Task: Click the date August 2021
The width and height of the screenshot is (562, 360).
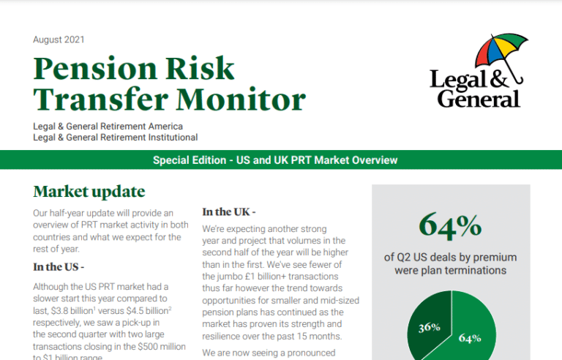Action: pyautogui.click(x=59, y=40)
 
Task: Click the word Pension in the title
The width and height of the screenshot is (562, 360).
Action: pyautogui.click(x=95, y=68)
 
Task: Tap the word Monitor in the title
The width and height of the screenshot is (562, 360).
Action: pyautogui.click(x=241, y=100)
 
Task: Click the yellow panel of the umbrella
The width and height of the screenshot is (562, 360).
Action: pyautogui.click(x=504, y=48)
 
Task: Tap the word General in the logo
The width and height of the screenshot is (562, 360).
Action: pyautogui.click(x=479, y=99)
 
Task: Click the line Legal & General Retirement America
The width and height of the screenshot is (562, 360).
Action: pyautogui.click(x=108, y=126)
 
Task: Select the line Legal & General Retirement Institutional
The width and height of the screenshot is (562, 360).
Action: pyautogui.click(x=116, y=138)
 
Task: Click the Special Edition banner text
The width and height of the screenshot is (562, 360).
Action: pyautogui.click(x=275, y=160)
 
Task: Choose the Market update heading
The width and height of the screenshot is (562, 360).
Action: pyautogui.click(x=89, y=192)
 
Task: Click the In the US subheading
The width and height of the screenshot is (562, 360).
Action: pyautogui.click(x=59, y=267)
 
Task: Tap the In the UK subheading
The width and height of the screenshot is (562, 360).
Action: pyautogui.click(x=228, y=212)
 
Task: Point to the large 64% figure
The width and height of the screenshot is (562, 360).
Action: pyautogui.click(x=450, y=225)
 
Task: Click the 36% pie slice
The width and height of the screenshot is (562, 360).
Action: pyautogui.click(x=428, y=324)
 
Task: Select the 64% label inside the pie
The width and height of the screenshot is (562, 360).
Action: pyautogui.click(x=470, y=338)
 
